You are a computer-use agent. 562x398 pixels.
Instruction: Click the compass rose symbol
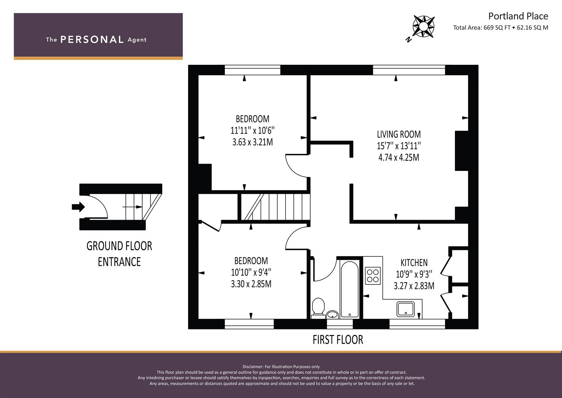[424, 27]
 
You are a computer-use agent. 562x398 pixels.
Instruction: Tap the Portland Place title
[518, 16]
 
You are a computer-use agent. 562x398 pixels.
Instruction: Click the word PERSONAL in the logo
[92, 39]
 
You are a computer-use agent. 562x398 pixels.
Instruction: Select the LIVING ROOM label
[399, 135]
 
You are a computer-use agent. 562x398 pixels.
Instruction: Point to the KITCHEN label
[414, 263]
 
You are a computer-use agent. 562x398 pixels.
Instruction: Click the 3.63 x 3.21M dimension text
[252, 142]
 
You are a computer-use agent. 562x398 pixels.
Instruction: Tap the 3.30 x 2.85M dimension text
[251, 284]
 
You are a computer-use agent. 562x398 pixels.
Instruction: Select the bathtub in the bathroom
[350, 289]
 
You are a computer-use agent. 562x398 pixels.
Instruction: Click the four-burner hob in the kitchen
[372, 276]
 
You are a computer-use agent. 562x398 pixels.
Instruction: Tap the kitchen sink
[406, 309]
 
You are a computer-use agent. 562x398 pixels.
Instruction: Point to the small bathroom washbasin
[333, 314]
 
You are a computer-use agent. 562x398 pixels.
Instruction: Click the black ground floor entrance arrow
[78, 207]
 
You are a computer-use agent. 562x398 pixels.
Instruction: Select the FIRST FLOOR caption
[338, 340]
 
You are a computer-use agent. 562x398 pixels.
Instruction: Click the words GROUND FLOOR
[119, 246]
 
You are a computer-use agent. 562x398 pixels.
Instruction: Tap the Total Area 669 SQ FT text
[482, 28]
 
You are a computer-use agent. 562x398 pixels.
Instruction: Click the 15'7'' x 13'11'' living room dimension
[399, 146]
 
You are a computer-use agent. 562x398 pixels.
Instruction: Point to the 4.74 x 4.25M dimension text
[399, 158]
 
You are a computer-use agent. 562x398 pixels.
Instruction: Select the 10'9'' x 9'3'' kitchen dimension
[414, 275]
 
